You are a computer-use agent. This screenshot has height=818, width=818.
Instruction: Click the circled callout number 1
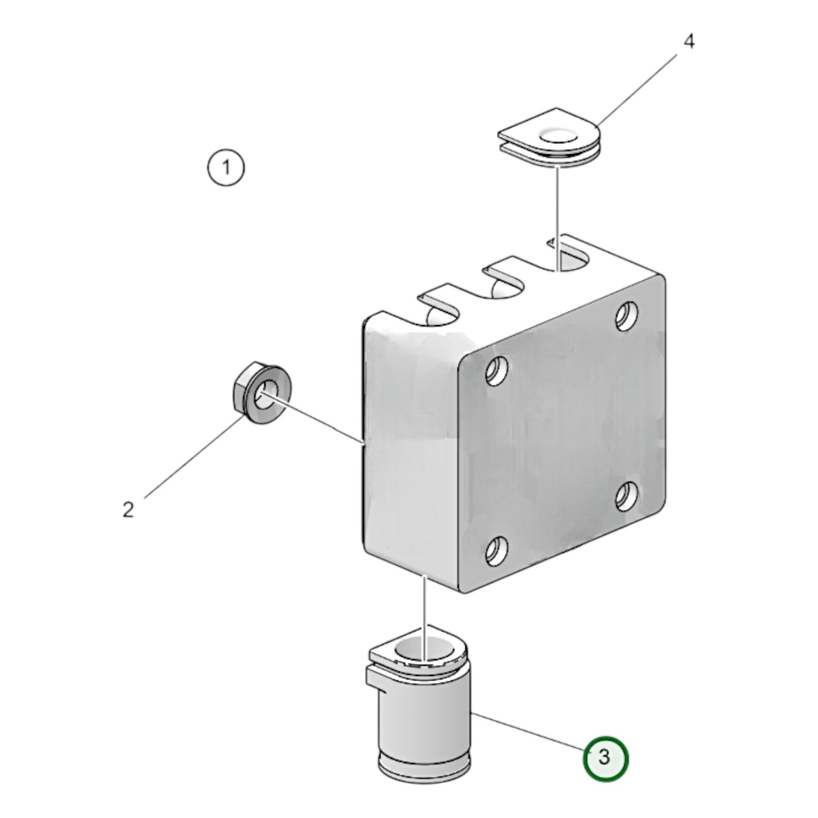pyautogui.click(x=226, y=168)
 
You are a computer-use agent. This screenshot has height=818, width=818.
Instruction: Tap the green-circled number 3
pyautogui.click(x=605, y=757)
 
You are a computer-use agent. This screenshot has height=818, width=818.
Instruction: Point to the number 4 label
pyautogui.click(x=688, y=41)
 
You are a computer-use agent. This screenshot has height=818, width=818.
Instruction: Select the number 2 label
pyautogui.click(x=129, y=509)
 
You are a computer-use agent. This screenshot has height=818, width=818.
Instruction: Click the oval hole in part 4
pyautogui.click(x=559, y=136)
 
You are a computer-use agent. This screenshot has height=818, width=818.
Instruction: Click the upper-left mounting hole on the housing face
pyautogui.click(x=496, y=371)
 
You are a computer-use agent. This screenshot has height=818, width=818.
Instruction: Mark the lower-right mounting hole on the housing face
pyautogui.click(x=626, y=496)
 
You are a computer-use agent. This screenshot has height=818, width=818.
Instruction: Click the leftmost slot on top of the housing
pyautogui.click(x=439, y=311)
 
